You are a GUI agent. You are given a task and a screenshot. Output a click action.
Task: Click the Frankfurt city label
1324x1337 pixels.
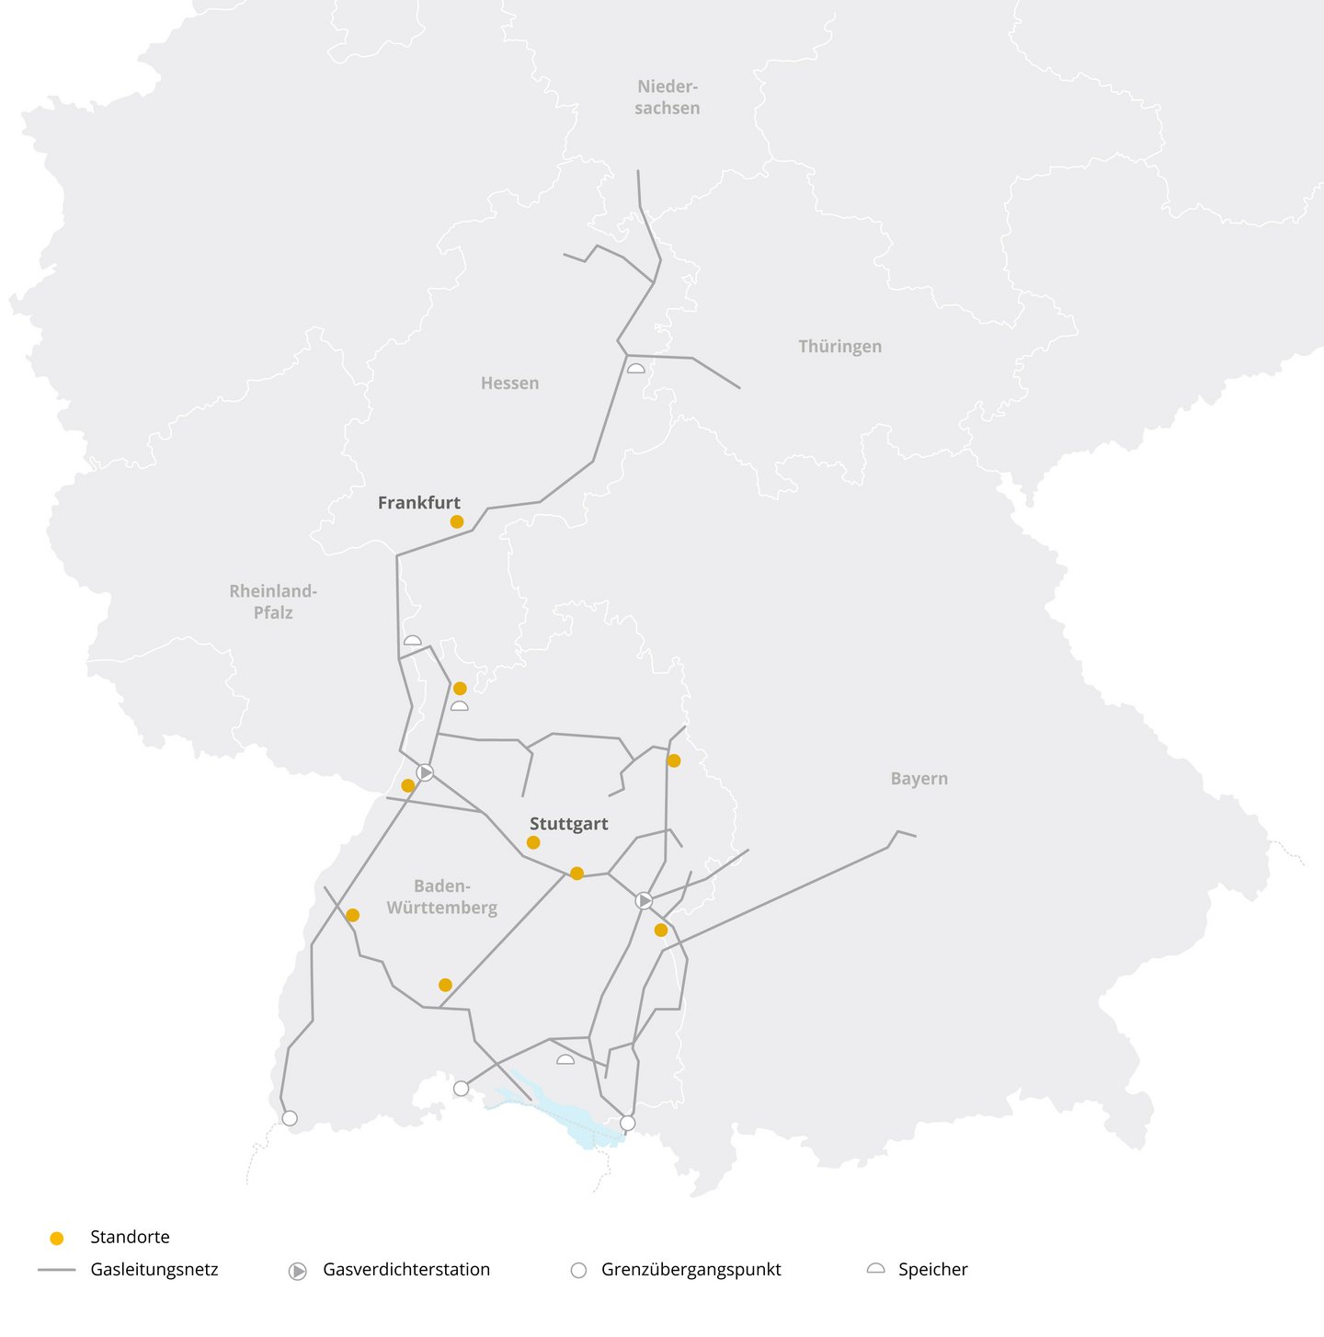418,503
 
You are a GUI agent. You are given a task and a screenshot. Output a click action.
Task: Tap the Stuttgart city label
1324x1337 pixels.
568,824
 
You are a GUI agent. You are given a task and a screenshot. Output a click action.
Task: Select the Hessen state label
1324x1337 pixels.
509,383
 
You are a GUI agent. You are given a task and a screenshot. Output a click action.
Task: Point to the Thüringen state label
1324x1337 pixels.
839,347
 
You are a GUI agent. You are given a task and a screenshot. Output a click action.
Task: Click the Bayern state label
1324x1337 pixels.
919,779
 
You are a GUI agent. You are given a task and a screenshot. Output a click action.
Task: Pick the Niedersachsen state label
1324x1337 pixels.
668,97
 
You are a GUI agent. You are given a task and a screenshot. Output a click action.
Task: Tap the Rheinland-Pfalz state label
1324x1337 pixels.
273,601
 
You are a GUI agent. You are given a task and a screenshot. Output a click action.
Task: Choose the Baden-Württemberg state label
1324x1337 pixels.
442,897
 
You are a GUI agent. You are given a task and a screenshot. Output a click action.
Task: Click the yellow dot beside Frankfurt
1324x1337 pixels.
457,521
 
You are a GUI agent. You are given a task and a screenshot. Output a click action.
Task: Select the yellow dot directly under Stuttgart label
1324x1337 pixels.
533,842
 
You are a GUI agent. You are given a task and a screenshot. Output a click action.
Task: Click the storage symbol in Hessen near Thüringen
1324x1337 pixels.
635,368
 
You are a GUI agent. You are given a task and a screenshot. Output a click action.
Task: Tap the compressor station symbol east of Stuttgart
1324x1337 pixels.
644,900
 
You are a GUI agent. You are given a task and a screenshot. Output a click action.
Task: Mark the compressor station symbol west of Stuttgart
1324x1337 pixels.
425,772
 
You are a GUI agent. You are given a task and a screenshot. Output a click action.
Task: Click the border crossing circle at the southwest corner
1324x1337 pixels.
290,1118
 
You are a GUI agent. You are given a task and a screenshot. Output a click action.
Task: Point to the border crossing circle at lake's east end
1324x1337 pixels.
628,1123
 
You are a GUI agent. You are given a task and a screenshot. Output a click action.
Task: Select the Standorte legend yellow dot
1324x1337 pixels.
57,1238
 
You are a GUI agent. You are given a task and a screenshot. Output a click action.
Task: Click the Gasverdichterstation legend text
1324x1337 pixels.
406,1270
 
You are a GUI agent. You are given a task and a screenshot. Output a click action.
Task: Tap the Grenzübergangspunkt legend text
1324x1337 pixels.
691,1270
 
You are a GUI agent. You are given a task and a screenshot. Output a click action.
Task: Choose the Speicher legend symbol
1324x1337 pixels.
876,1269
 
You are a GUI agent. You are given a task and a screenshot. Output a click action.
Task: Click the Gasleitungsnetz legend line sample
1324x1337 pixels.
56,1270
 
